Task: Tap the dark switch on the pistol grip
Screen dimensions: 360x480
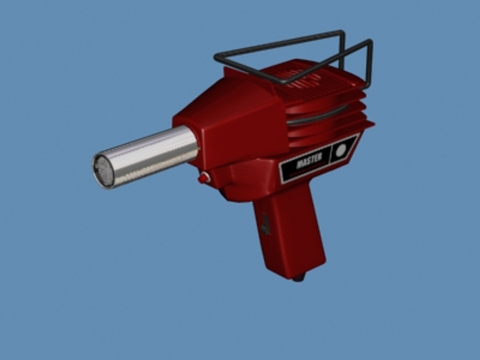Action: click(x=266, y=224)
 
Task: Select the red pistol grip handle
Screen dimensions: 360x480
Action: click(x=290, y=233)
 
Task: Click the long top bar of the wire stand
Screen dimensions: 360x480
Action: click(x=277, y=43)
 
